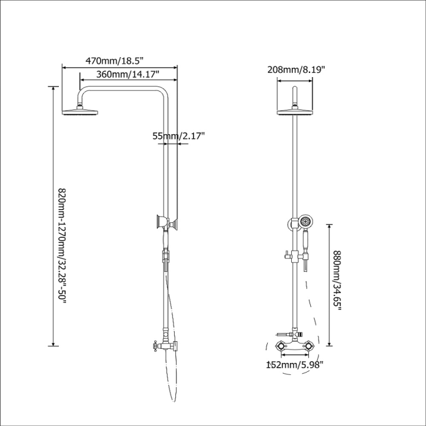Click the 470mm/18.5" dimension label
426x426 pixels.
114,61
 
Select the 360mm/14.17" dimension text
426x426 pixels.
128,74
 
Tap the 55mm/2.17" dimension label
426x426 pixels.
178,135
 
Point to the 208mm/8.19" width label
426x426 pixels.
296,70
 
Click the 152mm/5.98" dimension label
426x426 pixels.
295,365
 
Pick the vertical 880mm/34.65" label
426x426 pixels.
337,281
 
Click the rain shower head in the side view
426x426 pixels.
80,112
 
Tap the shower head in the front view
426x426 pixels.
295,112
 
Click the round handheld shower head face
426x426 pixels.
305,221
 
